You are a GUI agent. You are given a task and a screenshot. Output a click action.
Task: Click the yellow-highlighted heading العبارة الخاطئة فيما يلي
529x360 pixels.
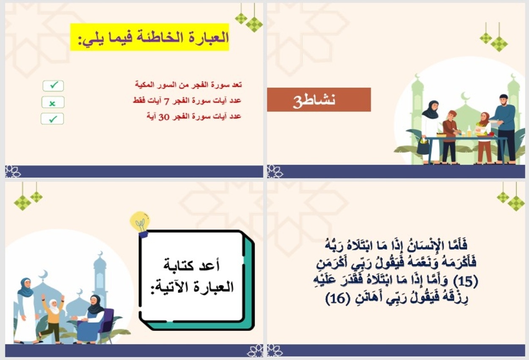149,37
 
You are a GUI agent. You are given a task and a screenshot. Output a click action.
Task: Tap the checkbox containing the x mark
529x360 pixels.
53,102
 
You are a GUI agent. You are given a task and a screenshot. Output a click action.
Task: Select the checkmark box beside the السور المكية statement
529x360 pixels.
53,86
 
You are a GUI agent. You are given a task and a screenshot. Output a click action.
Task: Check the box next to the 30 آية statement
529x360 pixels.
52,119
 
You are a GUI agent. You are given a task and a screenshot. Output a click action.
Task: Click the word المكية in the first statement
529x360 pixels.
146,85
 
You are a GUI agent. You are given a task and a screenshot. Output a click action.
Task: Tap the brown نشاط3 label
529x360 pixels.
319,100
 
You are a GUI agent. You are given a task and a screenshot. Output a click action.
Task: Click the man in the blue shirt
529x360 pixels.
504,127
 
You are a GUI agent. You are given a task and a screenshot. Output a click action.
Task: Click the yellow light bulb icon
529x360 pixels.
140,222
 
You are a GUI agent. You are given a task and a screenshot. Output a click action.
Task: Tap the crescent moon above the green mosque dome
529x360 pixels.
465,97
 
